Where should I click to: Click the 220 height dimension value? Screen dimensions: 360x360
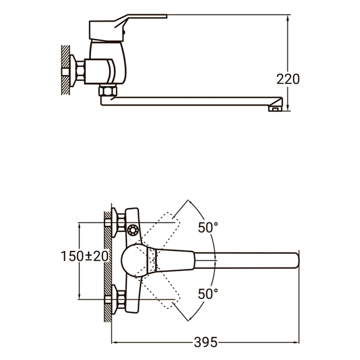coord(288,79)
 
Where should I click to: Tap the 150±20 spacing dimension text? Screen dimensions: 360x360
coord(85,257)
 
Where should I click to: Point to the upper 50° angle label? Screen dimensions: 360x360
coord(208,227)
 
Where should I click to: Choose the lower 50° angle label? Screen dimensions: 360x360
coord(208,294)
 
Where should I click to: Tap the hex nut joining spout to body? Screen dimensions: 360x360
coord(107,91)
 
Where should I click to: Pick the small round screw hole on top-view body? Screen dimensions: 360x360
coord(133,230)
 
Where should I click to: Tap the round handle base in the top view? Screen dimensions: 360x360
coord(136,260)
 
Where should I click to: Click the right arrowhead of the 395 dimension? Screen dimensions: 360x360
coord(297,342)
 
